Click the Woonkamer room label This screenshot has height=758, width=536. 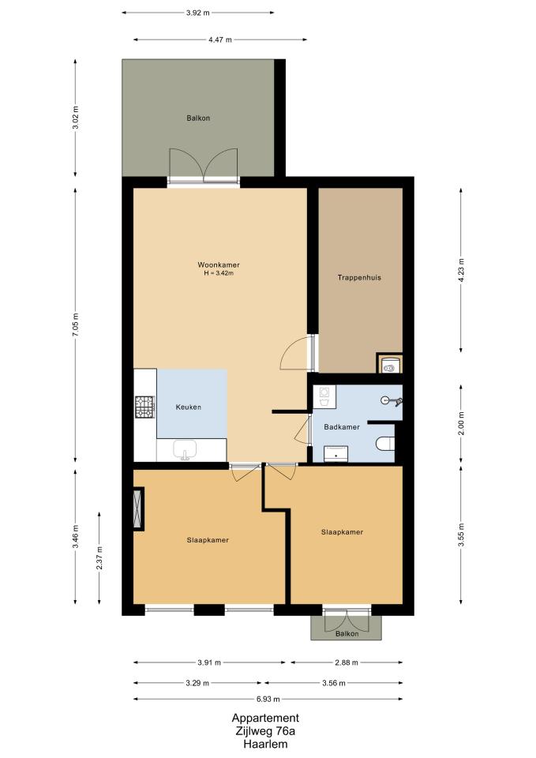coord(219,265)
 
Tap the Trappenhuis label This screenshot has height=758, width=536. coord(359,277)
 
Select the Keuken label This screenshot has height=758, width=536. coord(189,407)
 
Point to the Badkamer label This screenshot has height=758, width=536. coord(342,427)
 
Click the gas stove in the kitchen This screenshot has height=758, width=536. coord(145,407)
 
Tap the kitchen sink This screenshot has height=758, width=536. coord(185,450)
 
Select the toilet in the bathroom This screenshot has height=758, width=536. coord(385,443)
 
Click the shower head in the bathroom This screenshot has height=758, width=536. coord(392,400)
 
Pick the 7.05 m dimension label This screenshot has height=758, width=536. coord(75,325)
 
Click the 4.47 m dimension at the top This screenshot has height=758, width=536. coord(220,39)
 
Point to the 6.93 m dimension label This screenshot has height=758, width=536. coord(268,699)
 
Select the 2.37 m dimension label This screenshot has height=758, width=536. coord(99,558)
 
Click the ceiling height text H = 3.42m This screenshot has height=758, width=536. coord(219,273)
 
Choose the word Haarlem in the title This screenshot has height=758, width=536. coord(265,744)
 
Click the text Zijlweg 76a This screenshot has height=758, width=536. coord(265,731)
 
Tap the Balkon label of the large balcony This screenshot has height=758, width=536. coord(198,118)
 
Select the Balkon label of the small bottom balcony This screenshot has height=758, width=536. coord(347,633)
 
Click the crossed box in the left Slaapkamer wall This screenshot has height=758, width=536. coord(138,508)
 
